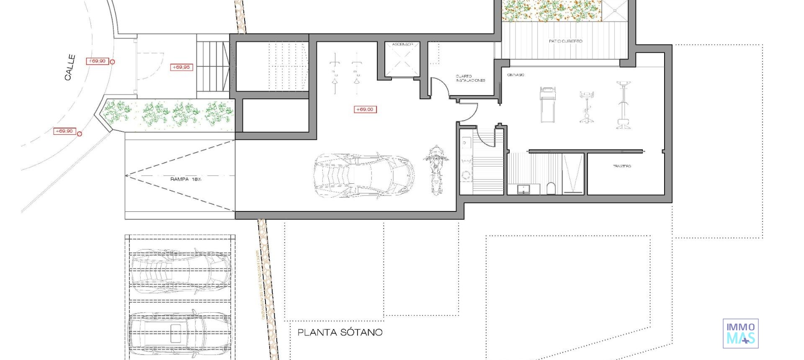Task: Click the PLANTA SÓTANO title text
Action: click(340, 332)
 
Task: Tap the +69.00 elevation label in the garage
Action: click(365, 109)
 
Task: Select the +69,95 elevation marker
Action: click(181, 67)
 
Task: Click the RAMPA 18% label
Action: click(186, 179)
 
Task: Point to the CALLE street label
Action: click(70, 67)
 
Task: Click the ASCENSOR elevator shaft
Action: click(402, 61)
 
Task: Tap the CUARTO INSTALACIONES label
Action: click(470, 78)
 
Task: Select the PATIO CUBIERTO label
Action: click(565, 41)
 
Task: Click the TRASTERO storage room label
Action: click(622, 166)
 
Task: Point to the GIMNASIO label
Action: click(515, 75)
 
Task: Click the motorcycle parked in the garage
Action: click(435, 170)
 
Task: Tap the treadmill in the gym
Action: click(547, 105)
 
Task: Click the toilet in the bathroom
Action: click(551, 188)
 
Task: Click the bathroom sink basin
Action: click(523, 189)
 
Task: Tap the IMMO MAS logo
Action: click(740, 333)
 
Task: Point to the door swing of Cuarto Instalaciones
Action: click(440, 87)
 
